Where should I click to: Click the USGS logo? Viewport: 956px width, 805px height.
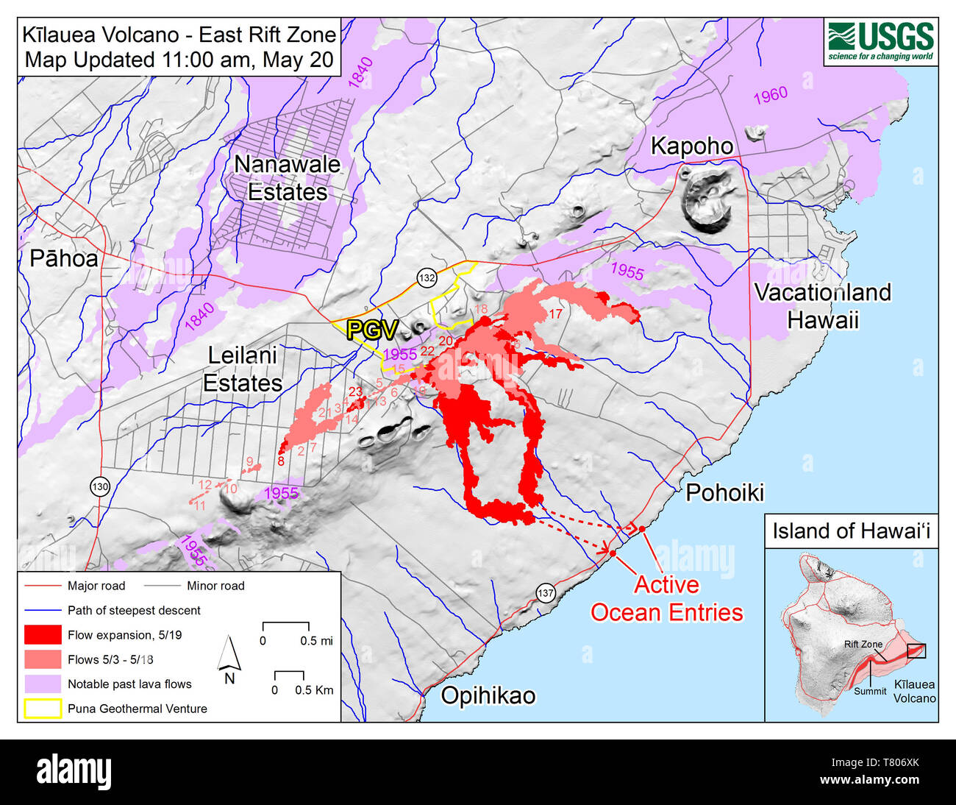(880, 41)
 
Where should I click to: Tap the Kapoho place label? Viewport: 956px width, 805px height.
(692, 146)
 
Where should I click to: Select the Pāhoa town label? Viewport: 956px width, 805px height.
(63, 258)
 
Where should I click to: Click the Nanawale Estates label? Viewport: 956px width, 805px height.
(287, 178)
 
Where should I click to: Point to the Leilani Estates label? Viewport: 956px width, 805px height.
(242, 369)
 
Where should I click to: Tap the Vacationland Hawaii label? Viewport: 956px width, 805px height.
(822, 305)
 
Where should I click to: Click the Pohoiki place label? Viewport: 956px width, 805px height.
(724, 492)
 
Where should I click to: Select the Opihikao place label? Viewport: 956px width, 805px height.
(488, 695)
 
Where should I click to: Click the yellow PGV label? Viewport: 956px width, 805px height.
(372, 330)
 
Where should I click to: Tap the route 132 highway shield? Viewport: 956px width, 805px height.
(427, 277)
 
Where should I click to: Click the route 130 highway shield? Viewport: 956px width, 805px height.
(100, 486)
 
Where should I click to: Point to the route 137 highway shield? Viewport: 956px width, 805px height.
(545, 593)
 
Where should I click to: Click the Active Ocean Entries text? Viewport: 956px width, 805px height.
(666, 598)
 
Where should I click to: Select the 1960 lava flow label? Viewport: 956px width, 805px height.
(770, 96)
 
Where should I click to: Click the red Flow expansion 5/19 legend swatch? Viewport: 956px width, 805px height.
(43, 635)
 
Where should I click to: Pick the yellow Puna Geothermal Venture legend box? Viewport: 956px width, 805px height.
(43, 709)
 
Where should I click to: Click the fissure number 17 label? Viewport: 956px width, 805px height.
(555, 313)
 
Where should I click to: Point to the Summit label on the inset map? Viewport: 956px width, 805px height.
(870, 691)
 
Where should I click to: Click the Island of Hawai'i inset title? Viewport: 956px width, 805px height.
(851, 531)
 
